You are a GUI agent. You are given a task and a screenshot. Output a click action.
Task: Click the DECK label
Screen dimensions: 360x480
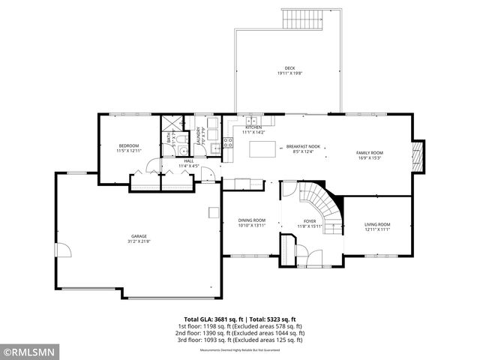[x=279, y=68]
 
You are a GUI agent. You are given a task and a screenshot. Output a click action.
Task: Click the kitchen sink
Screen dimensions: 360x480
[x=253, y=121]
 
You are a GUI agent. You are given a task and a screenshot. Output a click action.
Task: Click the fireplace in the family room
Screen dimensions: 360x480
[x=419, y=154]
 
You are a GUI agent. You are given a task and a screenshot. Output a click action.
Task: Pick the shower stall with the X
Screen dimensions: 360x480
[x=172, y=124]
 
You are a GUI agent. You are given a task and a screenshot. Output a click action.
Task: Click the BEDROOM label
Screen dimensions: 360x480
[x=129, y=145]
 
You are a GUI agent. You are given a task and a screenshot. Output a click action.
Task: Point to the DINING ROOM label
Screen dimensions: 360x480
[x=252, y=220]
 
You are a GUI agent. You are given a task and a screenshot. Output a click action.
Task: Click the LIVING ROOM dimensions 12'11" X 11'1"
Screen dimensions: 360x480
[x=377, y=229]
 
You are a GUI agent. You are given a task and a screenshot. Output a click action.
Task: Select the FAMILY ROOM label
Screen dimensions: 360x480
[x=369, y=153]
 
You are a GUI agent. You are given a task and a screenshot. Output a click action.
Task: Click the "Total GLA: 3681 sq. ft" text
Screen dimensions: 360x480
[x=211, y=319]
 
